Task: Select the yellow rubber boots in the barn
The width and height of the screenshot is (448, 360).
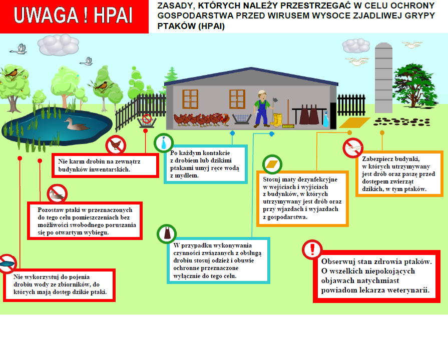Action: coord(276,120)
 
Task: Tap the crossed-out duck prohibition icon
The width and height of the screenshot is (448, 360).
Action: coord(57,193)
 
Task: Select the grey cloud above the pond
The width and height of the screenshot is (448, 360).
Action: coord(59,44)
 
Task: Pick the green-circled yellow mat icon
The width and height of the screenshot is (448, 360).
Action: coord(272,164)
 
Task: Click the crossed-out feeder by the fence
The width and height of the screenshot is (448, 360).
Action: coord(147,120)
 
